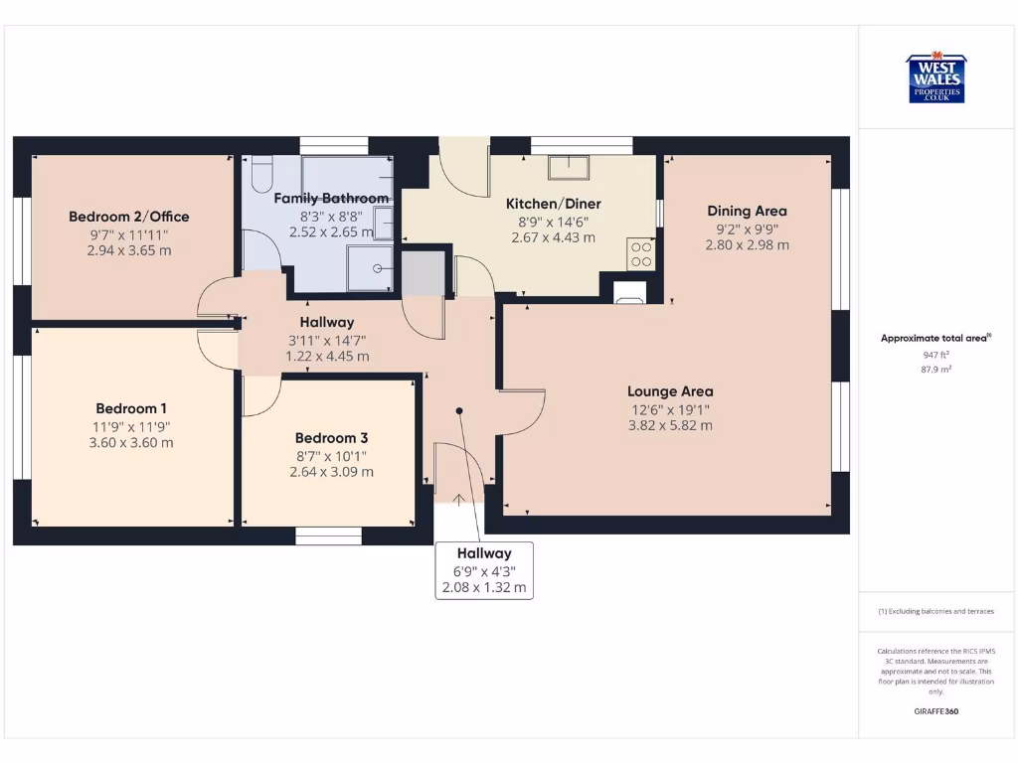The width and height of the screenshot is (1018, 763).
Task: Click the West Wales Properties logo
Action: [934, 78]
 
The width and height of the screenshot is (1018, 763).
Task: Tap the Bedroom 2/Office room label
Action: [129, 217]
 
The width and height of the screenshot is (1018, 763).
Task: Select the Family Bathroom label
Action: [331, 199]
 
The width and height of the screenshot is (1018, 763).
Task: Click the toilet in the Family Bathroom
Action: [260, 175]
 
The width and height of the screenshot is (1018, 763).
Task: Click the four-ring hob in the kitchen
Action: [641, 254]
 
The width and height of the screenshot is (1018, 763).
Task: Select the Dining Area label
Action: [747, 211]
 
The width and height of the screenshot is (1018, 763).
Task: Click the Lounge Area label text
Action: [670, 391]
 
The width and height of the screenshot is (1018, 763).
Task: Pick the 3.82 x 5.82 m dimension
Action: [670, 425]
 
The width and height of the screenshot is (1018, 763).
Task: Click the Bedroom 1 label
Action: [131, 408]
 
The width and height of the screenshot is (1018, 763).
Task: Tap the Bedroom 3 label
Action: [331, 438]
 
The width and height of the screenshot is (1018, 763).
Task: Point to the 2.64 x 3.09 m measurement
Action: [331, 472]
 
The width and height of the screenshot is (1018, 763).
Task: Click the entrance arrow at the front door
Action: [459, 500]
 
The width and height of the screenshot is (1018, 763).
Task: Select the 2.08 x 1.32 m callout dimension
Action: [484, 588]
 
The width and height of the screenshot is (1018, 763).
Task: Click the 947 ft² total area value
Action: [934, 354]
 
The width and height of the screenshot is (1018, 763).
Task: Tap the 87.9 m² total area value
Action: [934, 369]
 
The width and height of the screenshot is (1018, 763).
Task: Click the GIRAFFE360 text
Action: [934, 711]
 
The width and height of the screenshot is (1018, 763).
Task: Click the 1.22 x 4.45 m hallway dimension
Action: [327, 356]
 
